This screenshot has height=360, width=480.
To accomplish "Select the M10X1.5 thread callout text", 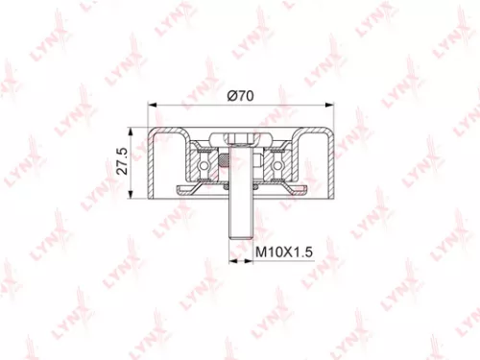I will click(285, 251).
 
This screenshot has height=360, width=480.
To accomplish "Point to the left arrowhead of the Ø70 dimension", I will click(151, 105).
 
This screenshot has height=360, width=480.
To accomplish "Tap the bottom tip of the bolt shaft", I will click(240, 236).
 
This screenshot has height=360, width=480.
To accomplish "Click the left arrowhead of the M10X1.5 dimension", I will click(228, 259).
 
